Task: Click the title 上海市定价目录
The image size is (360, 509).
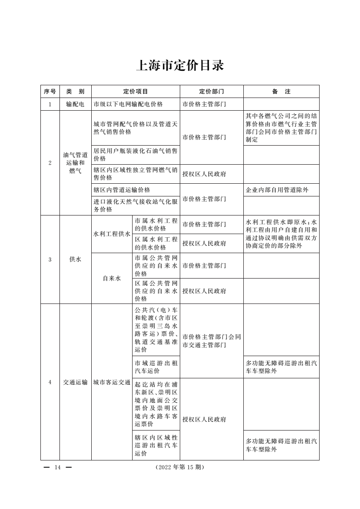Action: click(180, 66)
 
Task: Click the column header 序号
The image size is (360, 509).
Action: click(50, 91)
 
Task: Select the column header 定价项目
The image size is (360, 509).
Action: click(136, 91)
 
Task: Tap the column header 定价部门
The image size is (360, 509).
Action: click(212, 91)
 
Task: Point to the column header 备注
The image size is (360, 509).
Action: click(281, 91)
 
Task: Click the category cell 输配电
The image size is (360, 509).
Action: click(75, 104)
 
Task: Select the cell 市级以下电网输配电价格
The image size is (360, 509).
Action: click(128, 104)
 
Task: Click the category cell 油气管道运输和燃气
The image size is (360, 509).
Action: click(75, 163)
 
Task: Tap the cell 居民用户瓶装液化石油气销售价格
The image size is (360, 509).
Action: click(135, 155)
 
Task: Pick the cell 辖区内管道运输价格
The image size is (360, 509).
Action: click(122, 190)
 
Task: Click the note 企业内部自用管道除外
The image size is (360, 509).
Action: click(277, 190)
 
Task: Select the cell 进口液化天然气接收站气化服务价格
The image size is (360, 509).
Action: click(135, 206)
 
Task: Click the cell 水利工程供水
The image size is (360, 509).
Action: click(112, 234)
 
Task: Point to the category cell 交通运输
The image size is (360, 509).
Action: click(75, 382)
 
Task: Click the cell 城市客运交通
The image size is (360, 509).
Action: click(112, 382)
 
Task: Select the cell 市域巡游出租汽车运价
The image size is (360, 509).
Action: click(156, 367)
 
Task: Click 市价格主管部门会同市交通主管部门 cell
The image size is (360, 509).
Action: click(212, 341)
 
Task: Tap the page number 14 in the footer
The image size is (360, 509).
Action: click(57, 467)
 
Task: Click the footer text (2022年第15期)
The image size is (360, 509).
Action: click(179, 467)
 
